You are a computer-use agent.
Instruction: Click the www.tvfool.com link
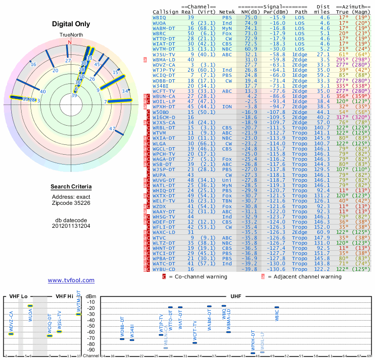pyautogui.click(x=71, y=280)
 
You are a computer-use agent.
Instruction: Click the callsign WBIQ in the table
pyautogui.click(x=159, y=17)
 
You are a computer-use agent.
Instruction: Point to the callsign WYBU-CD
pyautogui.click(x=164, y=269)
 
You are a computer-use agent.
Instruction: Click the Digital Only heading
pyautogui.click(x=71, y=24)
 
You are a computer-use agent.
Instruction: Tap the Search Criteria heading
pyautogui.click(x=71, y=187)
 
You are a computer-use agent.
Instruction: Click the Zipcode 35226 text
pyautogui.click(x=71, y=203)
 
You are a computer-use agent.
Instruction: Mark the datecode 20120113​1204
pyautogui.click(x=71, y=225)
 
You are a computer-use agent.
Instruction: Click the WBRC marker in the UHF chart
pyautogui.click(x=277, y=307)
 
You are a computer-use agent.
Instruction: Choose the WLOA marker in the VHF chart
pyautogui.click(x=30, y=306)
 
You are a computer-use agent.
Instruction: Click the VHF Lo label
pyautogui.click(x=18, y=296)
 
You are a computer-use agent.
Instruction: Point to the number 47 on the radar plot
pyautogui.click(x=112, y=128)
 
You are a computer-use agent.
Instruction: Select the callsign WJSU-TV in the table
pyautogui.click(x=164, y=54)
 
